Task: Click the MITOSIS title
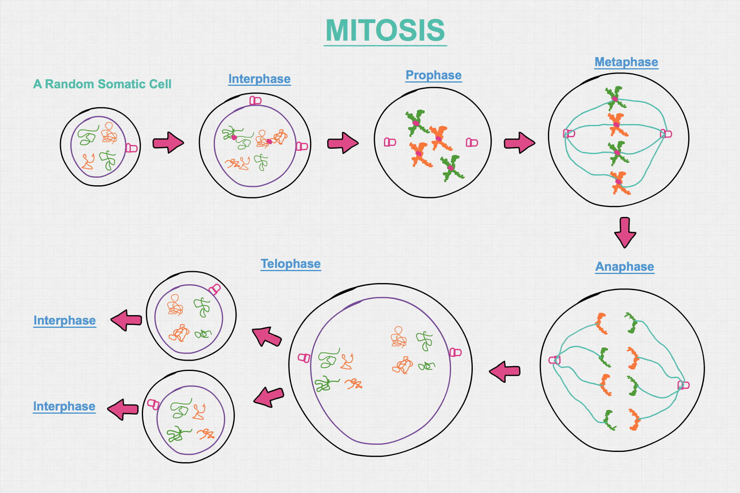coord(385,31)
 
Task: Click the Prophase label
coord(433,75)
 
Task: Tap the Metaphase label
coord(626,62)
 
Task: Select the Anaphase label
coord(624,267)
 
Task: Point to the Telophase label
coord(291,264)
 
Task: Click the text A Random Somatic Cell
coord(102,84)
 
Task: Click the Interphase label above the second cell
coord(259,79)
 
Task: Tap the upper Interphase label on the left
coord(65,320)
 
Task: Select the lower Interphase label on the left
coord(64,406)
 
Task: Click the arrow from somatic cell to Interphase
coord(168,143)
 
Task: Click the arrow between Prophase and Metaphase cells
coord(519,143)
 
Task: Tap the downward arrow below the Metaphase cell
coord(625,233)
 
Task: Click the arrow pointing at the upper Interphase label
coord(126,320)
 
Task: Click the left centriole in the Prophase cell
coord(390,142)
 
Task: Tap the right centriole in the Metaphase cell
coord(666,134)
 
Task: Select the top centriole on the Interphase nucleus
coord(255,100)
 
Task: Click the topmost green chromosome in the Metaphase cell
coord(615,98)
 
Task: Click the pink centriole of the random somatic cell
coord(131,148)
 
